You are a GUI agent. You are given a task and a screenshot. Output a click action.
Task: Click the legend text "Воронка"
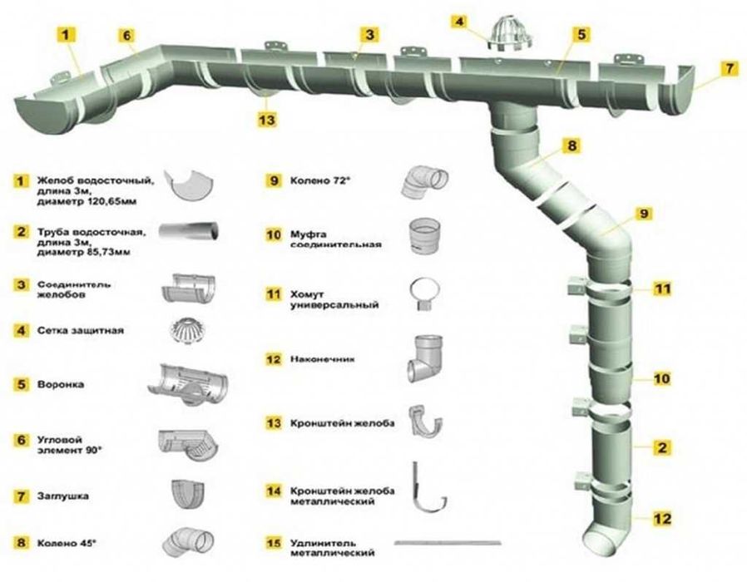61,384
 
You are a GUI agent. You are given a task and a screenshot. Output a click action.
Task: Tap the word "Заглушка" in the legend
63,496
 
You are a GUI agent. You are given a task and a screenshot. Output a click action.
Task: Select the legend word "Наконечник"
323,359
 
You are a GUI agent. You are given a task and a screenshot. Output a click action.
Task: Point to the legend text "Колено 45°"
67,543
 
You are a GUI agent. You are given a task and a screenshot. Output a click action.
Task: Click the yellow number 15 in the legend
274,543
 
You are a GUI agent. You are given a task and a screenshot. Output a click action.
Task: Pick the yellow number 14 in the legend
274,491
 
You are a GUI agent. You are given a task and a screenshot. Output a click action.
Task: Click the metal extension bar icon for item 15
448,543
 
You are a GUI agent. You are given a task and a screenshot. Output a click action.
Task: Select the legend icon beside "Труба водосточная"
189,231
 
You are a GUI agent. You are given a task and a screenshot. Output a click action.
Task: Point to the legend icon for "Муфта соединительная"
424,236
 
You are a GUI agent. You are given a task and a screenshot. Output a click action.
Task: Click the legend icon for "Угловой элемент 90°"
187,446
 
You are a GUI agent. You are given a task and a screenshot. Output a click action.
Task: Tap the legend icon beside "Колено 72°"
424,181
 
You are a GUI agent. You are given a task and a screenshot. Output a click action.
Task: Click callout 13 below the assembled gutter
267,119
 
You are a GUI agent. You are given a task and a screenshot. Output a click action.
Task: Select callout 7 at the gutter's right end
730,69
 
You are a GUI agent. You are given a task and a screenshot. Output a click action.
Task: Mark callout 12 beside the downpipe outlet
661,518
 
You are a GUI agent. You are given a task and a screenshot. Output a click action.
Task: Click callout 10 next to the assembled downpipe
661,378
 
